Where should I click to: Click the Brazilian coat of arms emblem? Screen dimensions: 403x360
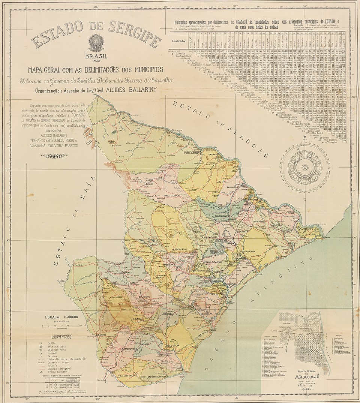(x=96, y=42)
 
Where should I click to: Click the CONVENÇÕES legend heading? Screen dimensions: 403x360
(x=60, y=337)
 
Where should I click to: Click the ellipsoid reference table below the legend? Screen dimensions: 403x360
(x=60, y=384)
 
